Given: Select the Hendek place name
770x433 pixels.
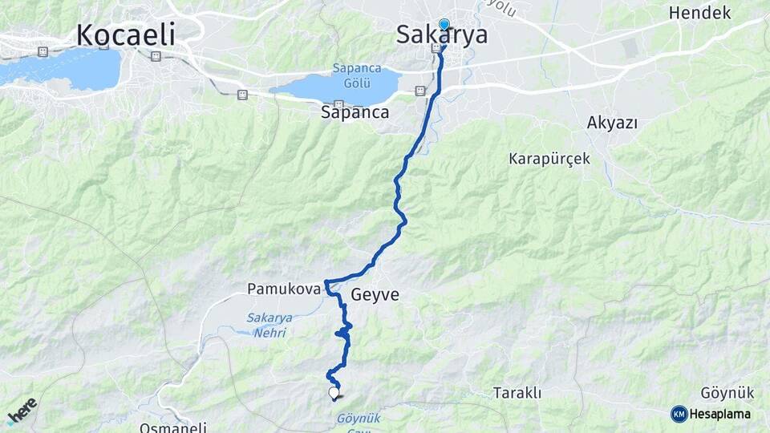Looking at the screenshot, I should (699, 13).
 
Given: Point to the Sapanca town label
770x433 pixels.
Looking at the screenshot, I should (355, 113).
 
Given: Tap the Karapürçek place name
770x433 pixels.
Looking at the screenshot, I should (549, 159).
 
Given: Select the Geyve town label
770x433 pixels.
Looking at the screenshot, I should (375, 295).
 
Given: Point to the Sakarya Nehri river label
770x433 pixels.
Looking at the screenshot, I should (269, 325).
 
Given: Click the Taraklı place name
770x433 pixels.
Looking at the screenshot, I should (517, 393).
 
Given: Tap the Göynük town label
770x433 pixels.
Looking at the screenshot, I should (727, 393).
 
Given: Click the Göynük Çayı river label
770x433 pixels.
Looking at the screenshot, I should (358, 423).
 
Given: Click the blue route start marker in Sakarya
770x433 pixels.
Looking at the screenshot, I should (444, 25).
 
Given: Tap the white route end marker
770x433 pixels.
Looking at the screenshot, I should (334, 393).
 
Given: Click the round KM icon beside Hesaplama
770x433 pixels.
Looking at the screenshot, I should (679, 414).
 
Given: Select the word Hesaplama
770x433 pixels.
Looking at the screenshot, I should (719, 415).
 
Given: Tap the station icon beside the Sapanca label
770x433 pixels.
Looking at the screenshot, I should (338, 104).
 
